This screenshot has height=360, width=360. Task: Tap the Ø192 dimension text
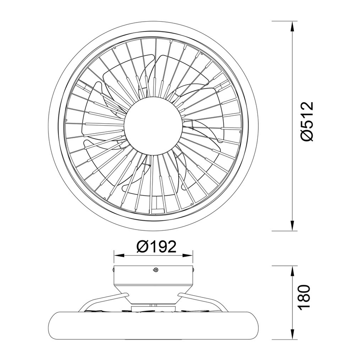point(156,247)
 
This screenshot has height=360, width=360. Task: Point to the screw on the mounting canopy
point(156,270)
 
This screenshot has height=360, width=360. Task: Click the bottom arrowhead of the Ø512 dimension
point(292,225)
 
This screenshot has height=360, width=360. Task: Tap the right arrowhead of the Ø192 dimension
point(187,256)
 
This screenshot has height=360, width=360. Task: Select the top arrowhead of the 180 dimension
point(292,272)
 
